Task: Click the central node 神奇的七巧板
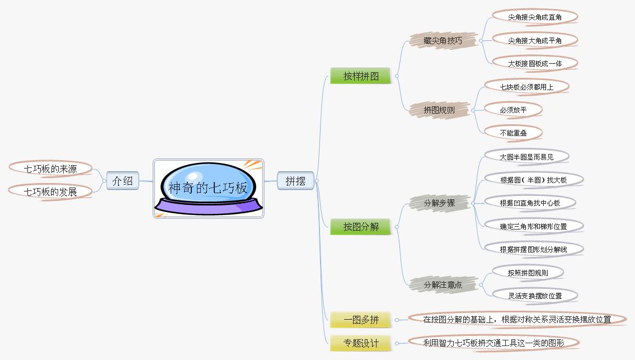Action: [208, 188]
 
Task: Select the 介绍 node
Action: [123, 181]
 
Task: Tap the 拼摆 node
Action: [295, 181]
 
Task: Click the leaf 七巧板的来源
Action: [50, 169]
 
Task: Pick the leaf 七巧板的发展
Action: [50, 192]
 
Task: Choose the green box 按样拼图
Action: [361, 76]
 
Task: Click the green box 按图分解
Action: [361, 227]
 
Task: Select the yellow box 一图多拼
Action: [361, 320]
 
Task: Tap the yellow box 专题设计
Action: [361, 343]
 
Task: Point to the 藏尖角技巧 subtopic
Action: [443, 41]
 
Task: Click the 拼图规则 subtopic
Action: [439, 110]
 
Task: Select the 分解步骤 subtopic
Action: [439, 203]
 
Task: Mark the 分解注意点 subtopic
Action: [443, 284]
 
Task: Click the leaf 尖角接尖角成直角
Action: [534, 17]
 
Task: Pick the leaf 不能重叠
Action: [513, 133]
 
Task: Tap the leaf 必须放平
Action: [513, 110]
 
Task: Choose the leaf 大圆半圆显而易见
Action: [526, 157]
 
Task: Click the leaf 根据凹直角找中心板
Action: [530, 203]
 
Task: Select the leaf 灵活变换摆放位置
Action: [534, 296]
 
